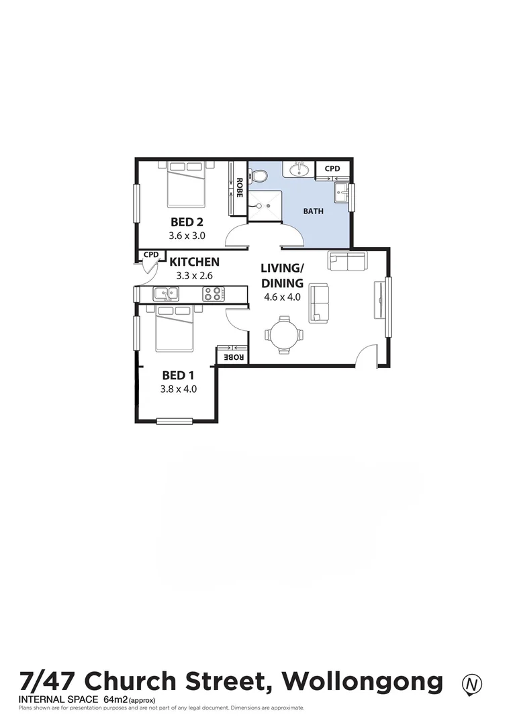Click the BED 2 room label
pos(187,222)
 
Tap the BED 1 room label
pos(178,375)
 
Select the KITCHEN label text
pos(194,262)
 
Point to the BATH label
pos(313,211)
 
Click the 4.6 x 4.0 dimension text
pos(282,297)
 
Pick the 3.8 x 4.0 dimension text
pos(178,389)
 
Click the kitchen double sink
pos(165,293)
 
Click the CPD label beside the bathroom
pos(332,168)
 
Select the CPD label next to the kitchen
pos(151,255)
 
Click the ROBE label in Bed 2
pos(238,187)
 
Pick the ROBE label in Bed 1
pos(232,357)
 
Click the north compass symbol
pos(473,684)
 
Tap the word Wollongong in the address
pos(363,681)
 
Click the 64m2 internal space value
pos(115,699)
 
